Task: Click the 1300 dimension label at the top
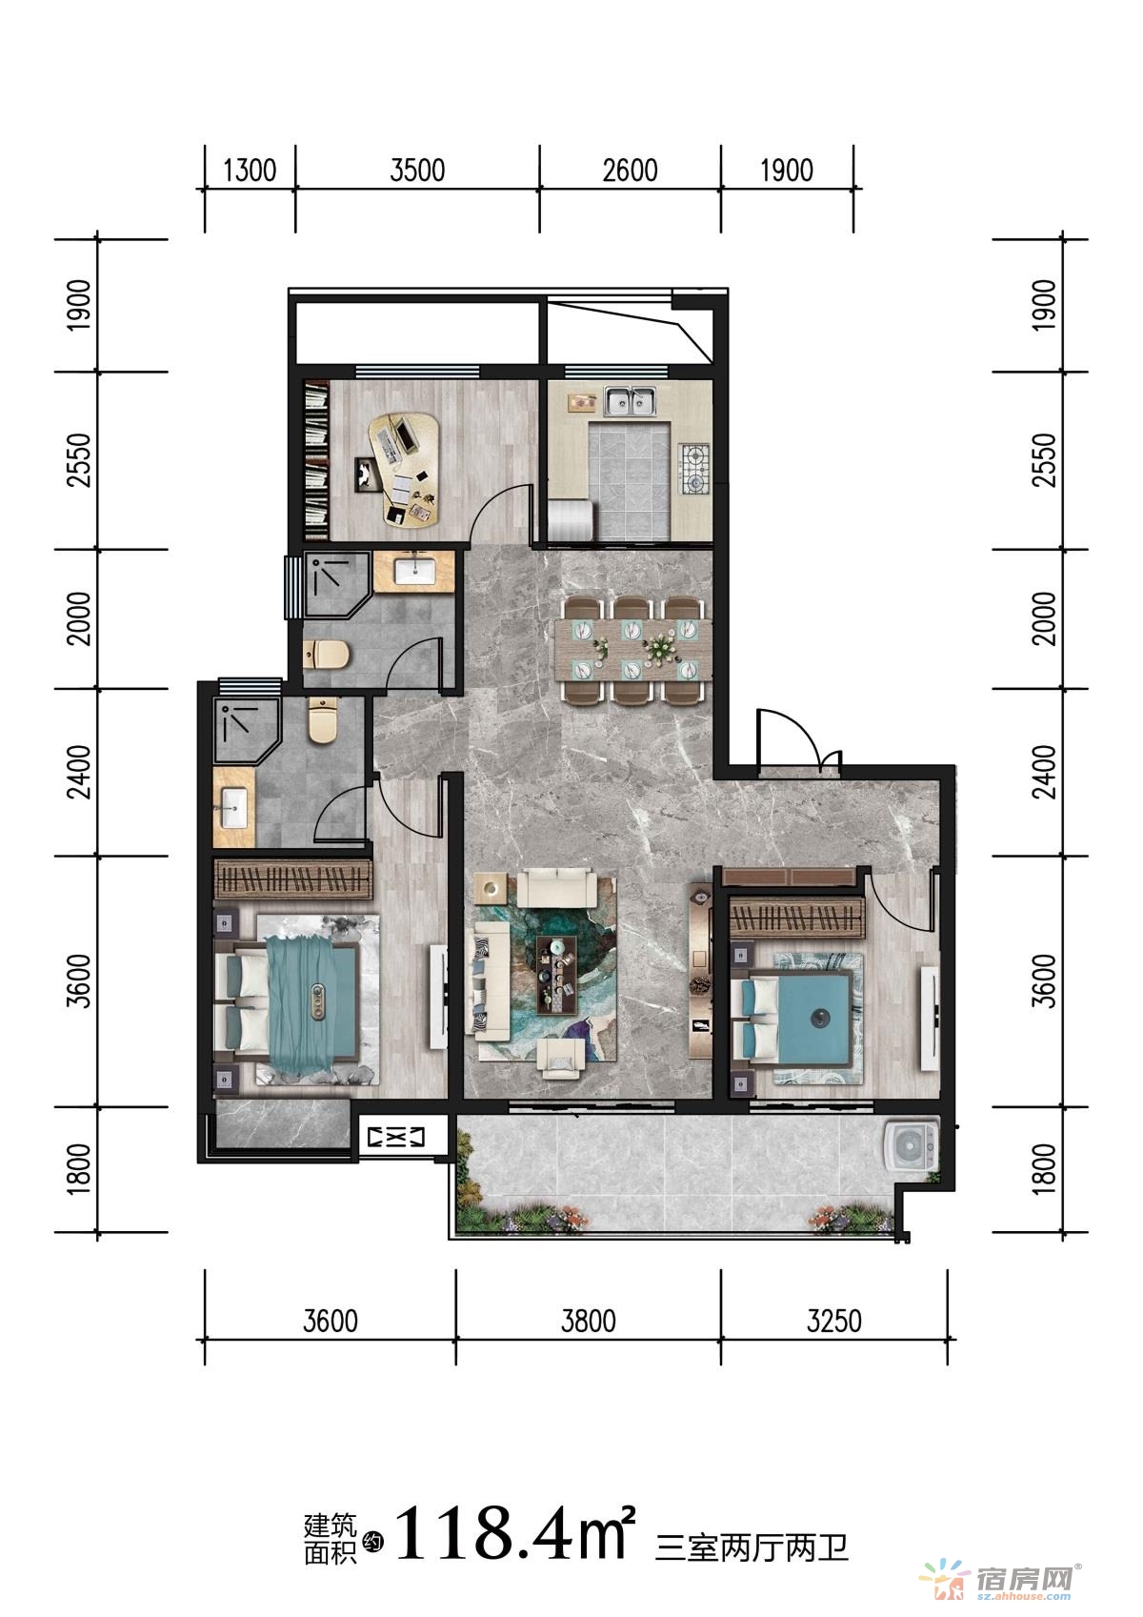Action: (250, 172)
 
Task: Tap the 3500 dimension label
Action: (418, 172)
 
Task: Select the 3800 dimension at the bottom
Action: (588, 1322)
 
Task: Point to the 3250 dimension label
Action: (834, 1322)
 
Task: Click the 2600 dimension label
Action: (630, 172)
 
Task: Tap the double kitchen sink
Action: (631, 401)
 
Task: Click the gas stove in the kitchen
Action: (695, 469)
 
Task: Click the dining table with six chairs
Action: (632, 650)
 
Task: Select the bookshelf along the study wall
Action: (317, 460)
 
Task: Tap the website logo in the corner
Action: (1003, 1580)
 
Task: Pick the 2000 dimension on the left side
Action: (79, 618)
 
